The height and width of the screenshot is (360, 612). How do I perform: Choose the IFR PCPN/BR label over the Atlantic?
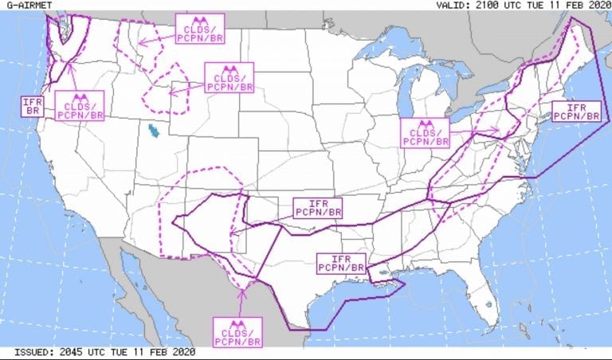click(575, 112)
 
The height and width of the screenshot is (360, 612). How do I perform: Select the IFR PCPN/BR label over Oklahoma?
click(318, 208)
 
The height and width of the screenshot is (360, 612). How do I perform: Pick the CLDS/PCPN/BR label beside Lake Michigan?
click(424, 132)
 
